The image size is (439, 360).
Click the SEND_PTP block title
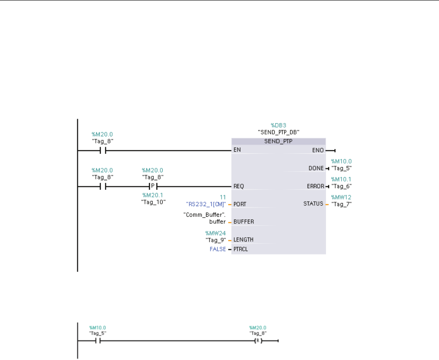pos(279,142)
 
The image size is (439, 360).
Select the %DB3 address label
pos(279,125)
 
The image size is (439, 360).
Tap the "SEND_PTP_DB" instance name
pos(279,132)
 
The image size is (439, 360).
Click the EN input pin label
pos(238,150)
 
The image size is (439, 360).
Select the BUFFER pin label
pos(244,222)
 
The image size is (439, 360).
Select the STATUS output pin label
pos(313,204)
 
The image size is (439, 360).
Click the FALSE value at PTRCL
pos(218,249)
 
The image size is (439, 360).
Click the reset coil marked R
pos(258,341)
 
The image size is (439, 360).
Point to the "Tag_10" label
pos(153,202)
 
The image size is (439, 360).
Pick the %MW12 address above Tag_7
pos(341,197)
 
